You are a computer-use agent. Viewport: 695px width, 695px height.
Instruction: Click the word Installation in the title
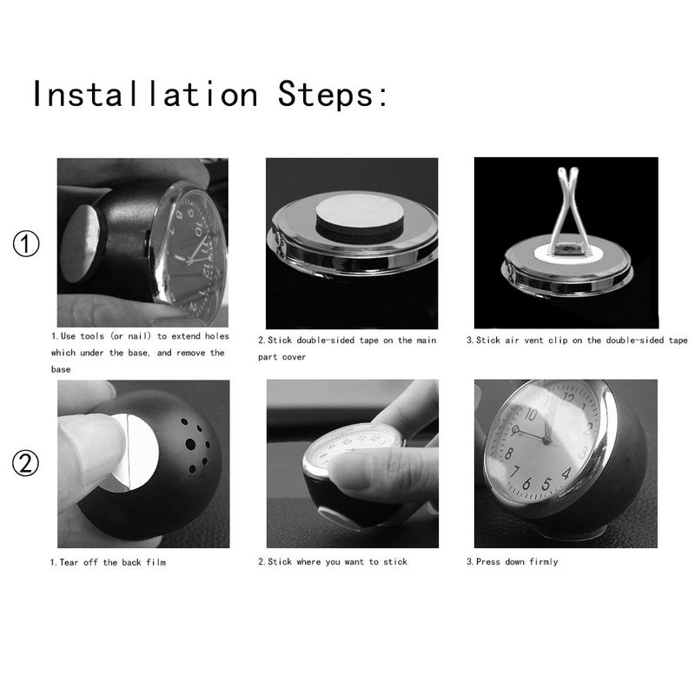point(145,94)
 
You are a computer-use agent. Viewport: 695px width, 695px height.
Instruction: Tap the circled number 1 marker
point(26,243)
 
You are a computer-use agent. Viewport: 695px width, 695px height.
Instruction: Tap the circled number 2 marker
point(25,463)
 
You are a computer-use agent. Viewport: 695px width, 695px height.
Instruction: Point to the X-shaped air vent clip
point(567,209)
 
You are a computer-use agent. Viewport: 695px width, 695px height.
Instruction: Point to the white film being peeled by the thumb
point(135,451)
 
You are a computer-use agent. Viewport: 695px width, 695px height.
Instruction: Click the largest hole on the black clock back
point(190,444)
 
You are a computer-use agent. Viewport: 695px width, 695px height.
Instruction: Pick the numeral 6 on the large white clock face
point(526,483)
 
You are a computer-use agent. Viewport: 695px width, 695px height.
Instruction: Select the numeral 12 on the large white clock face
point(568,399)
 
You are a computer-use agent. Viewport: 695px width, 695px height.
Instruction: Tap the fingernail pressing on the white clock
point(351,470)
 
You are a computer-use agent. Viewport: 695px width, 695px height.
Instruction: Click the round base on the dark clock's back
point(82,243)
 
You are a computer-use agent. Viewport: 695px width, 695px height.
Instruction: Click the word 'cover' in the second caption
point(295,357)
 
